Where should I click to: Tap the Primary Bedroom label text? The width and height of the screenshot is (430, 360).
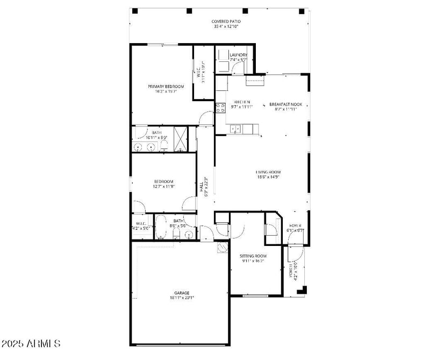tap(166, 86)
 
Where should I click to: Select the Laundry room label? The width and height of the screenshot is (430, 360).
tap(238, 55)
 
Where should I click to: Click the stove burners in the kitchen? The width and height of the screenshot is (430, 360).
tap(220, 108)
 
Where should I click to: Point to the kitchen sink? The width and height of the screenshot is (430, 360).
tap(234, 129)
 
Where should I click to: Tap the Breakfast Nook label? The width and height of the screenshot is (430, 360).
tap(285, 104)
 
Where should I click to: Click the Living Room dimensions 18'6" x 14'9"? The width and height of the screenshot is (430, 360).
tap(268, 177)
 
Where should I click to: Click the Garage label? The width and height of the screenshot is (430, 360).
tap(181, 293)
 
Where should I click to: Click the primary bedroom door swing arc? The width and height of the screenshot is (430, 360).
tap(205, 117)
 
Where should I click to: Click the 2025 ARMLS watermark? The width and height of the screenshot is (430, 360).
tap(31, 343)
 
